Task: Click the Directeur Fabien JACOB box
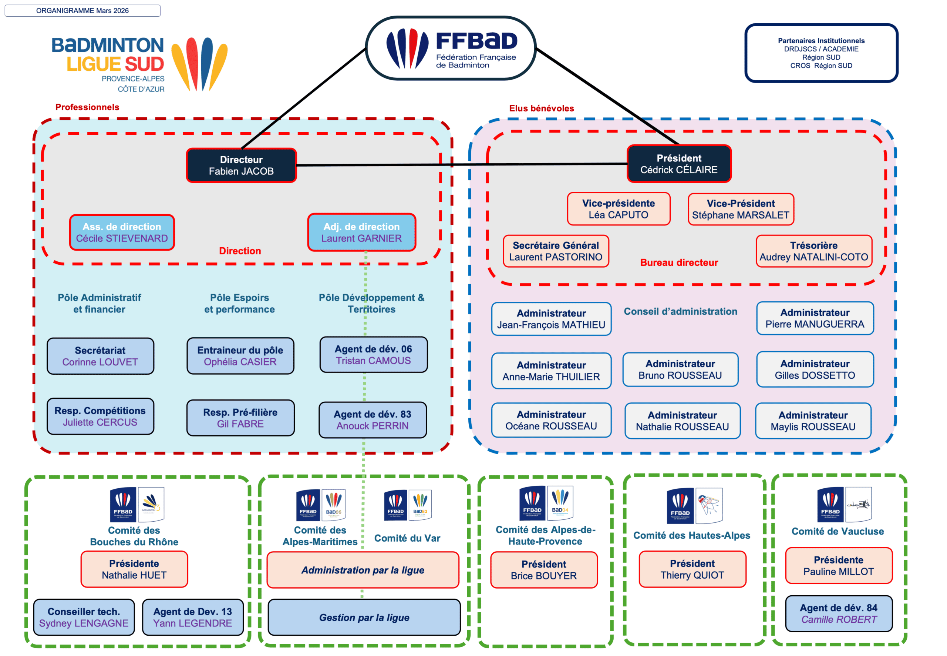(241, 165)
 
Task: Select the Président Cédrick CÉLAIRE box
(678, 164)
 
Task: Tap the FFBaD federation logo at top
(451, 48)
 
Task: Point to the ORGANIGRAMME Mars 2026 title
(82, 11)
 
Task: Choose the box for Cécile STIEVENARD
(122, 232)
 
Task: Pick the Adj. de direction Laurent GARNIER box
(361, 232)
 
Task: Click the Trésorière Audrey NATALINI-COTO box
(813, 251)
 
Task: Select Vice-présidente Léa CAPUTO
(618, 209)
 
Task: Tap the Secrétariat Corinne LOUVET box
(100, 356)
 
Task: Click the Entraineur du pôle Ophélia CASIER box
(240, 355)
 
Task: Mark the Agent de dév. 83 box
(373, 420)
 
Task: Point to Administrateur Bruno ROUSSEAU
(680, 369)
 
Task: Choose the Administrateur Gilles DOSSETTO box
(815, 369)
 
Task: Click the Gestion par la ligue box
(364, 617)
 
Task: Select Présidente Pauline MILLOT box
(838, 566)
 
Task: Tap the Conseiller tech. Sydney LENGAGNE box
(84, 617)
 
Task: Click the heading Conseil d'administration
(680, 312)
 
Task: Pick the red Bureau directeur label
(678, 262)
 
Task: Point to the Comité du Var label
(407, 538)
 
